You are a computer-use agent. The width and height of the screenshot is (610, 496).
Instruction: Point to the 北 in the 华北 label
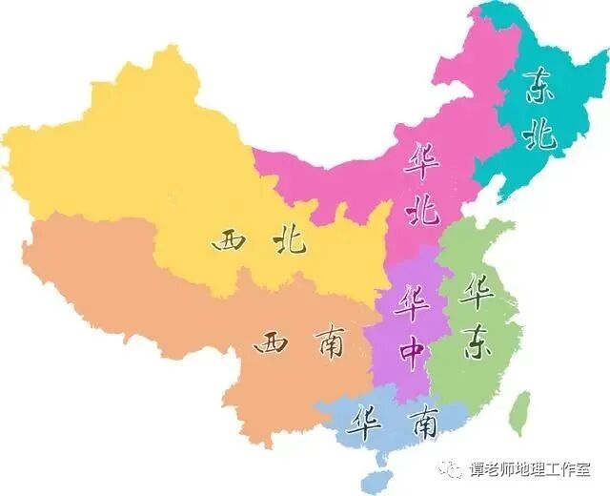420,210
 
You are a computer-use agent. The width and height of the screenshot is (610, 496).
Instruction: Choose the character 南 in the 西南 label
327,344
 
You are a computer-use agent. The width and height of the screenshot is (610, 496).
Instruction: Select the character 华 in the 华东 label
476,293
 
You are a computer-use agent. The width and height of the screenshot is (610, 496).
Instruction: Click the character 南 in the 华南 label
420,422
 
